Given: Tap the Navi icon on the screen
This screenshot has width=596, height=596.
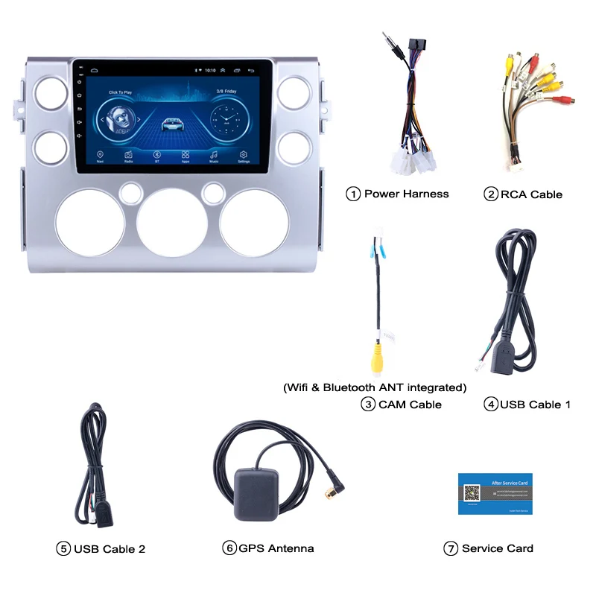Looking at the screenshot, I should (x=100, y=154).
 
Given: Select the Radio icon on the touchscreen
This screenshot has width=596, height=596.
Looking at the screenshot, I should (x=129, y=154).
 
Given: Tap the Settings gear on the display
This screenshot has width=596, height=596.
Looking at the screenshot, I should (x=244, y=154).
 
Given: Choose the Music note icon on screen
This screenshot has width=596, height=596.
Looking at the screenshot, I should (x=215, y=154).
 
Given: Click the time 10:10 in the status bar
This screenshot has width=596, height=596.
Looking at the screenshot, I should (x=211, y=70).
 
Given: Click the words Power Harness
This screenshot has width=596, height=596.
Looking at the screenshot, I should (x=406, y=194).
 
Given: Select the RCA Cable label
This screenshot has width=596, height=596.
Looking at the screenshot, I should (x=531, y=194).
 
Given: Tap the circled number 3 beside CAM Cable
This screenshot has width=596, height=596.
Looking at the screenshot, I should (x=368, y=405).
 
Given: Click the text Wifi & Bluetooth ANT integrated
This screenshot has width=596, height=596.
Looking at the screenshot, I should (x=375, y=387).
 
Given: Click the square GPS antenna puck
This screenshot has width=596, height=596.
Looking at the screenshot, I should (x=256, y=494).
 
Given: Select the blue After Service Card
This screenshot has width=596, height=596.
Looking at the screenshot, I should (x=495, y=493).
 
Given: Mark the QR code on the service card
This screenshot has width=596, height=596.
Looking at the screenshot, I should (x=472, y=493).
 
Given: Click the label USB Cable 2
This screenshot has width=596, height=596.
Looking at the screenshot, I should (x=110, y=549).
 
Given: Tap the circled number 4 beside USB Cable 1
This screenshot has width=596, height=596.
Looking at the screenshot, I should (x=490, y=405).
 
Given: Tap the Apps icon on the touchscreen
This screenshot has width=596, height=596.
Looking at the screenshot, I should (x=186, y=154).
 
